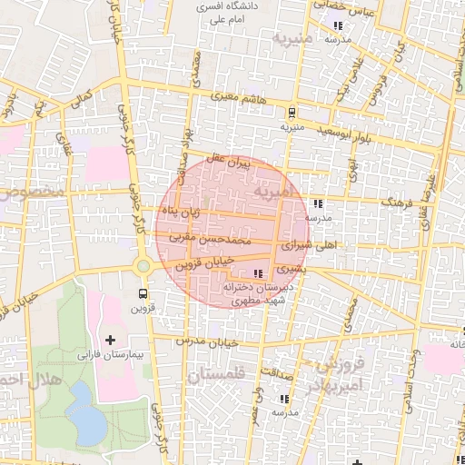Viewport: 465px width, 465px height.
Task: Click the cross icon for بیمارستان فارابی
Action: (111, 341)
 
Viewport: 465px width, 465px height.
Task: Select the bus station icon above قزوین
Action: (143, 293)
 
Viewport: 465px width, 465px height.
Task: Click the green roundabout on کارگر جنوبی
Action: (143, 266)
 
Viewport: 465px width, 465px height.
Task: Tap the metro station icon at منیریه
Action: (291, 113)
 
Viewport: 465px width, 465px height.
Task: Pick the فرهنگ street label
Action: (396, 199)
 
